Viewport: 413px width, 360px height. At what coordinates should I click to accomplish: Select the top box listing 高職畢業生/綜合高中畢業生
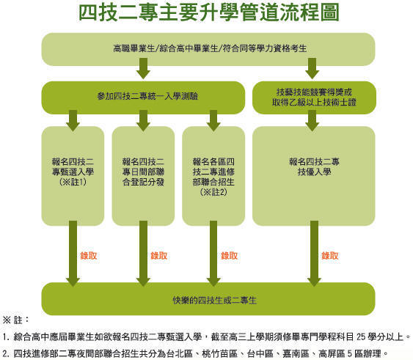click(210, 48)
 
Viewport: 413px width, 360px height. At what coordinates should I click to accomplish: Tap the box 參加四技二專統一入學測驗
click(142, 95)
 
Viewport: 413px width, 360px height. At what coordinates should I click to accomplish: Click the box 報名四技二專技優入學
click(314, 167)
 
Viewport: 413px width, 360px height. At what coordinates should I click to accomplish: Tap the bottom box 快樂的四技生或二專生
click(209, 300)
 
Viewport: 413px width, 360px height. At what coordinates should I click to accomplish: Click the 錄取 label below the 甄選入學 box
click(89, 256)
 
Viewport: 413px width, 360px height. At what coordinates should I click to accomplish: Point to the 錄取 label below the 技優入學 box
click(331, 256)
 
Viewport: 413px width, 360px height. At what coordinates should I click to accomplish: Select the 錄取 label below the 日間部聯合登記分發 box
click(158, 256)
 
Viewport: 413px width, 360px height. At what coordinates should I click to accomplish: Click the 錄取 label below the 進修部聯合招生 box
click(229, 256)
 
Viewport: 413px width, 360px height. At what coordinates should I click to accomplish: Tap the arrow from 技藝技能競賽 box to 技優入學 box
click(313, 119)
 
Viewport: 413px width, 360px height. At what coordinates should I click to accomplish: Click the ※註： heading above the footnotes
click(16, 320)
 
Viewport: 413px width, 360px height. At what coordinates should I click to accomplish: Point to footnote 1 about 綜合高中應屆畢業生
click(205, 337)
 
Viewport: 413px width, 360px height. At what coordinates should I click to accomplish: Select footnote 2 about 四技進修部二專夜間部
click(194, 353)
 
